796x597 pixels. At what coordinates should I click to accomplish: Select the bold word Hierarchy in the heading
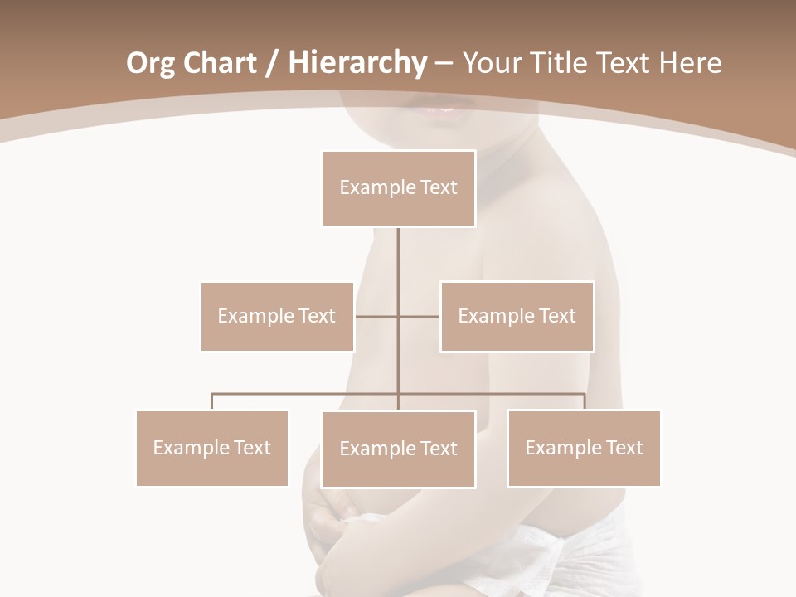[x=357, y=63]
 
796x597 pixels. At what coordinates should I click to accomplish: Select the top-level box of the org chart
[x=398, y=188]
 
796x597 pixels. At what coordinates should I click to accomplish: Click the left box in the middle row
[x=277, y=316]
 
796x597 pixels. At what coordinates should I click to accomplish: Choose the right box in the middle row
[x=517, y=316]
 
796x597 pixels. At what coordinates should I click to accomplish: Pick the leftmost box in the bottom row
[x=211, y=448]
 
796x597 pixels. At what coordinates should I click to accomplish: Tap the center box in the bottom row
[x=398, y=449]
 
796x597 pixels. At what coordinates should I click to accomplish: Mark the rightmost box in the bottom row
[x=584, y=448]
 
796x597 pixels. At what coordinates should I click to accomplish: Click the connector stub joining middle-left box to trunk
[x=376, y=316]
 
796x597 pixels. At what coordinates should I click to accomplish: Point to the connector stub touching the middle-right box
[x=420, y=316]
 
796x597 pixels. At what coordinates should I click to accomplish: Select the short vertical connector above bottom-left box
[x=211, y=401]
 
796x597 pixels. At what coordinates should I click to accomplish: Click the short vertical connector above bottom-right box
[x=585, y=401]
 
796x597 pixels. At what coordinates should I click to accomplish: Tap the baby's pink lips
[x=440, y=109]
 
